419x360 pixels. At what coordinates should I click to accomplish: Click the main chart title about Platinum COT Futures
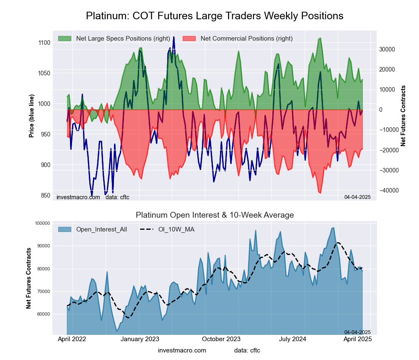click(215, 16)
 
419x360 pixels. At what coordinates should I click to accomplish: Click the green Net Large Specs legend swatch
click(65, 39)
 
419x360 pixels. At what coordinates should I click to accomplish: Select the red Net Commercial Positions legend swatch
click(189, 39)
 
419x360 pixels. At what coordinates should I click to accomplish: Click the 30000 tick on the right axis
click(387, 49)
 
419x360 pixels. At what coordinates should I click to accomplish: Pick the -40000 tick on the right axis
click(386, 190)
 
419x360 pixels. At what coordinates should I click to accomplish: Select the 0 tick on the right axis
click(381, 110)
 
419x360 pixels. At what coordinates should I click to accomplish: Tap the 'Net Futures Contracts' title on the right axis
click(403, 116)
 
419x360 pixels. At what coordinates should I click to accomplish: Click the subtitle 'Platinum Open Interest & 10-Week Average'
click(215, 215)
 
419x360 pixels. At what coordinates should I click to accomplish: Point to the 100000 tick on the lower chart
click(42, 223)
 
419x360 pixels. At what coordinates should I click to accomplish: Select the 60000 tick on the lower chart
click(44, 314)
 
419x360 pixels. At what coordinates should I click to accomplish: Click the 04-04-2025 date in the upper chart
click(357, 197)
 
